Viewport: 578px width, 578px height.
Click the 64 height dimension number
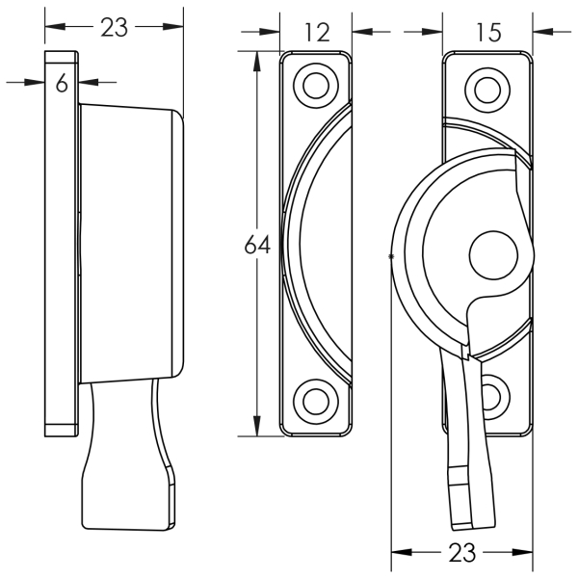pyautogui.click(x=257, y=244)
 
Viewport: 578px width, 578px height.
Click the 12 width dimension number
pyautogui.click(x=318, y=33)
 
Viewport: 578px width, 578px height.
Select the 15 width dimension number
pyautogui.click(x=488, y=33)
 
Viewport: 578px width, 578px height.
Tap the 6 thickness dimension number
pyautogui.click(x=62, y=82)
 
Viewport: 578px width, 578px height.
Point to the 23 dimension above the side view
pyautogui.click(x=114, y=27)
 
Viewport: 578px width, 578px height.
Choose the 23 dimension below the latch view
pyautogui.click(x=461, y=552)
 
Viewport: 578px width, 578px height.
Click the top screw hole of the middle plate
pyautogui.click(x=316, y=86)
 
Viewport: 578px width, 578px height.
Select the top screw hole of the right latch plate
pyautogui.click(x=487, y=90)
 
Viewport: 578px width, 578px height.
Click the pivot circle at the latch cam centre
pyautogui.click(x=493, y=255)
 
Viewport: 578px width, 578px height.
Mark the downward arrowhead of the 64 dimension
pyautogui.click(x=257, y=426)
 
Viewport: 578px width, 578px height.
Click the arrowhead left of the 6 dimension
pyautogui.click(x=35, y=82)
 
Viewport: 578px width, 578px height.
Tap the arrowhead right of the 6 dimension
pyautogui.click(x=89, y=82)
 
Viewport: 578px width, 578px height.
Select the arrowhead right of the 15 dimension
pyautogui.click(x=543, y=32)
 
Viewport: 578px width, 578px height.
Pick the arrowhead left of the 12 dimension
pyautogui.click(x=270, y=32)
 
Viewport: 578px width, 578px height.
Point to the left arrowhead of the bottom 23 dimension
pyautogui.click(x=401, y=552)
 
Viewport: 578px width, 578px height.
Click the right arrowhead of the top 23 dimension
pyautogui.click(x=172, y=27)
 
